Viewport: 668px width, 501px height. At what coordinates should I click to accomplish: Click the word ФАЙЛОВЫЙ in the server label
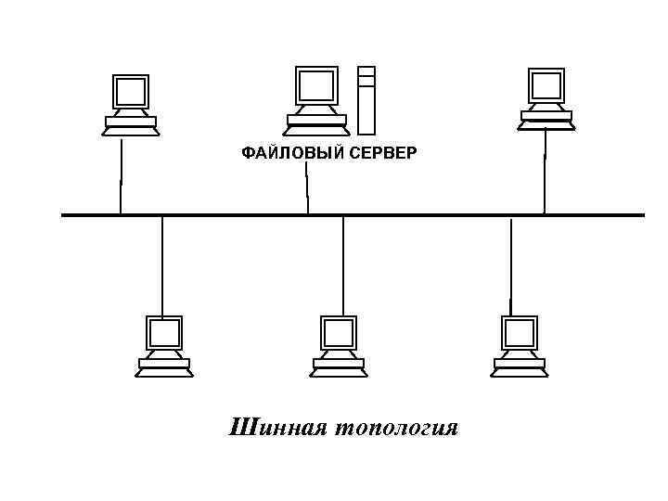pos(290,153)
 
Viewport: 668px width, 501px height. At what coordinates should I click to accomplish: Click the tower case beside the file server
pos(366,99)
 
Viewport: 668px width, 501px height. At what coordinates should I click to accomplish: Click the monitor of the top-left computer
pos(131,92)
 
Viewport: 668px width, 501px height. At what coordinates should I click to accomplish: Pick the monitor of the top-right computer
pos(546,86)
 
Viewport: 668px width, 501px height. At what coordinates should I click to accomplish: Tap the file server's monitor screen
pos(316,85)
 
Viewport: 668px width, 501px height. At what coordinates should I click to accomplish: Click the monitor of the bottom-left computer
pos(164,332)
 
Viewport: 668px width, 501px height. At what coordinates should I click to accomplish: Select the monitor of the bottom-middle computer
pos(339,332)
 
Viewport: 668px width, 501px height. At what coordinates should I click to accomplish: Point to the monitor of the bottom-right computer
pos(520,332)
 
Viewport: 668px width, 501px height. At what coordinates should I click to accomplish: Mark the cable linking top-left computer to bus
pos(121,176)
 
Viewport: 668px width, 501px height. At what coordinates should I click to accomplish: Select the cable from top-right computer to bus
pos(545,172)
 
